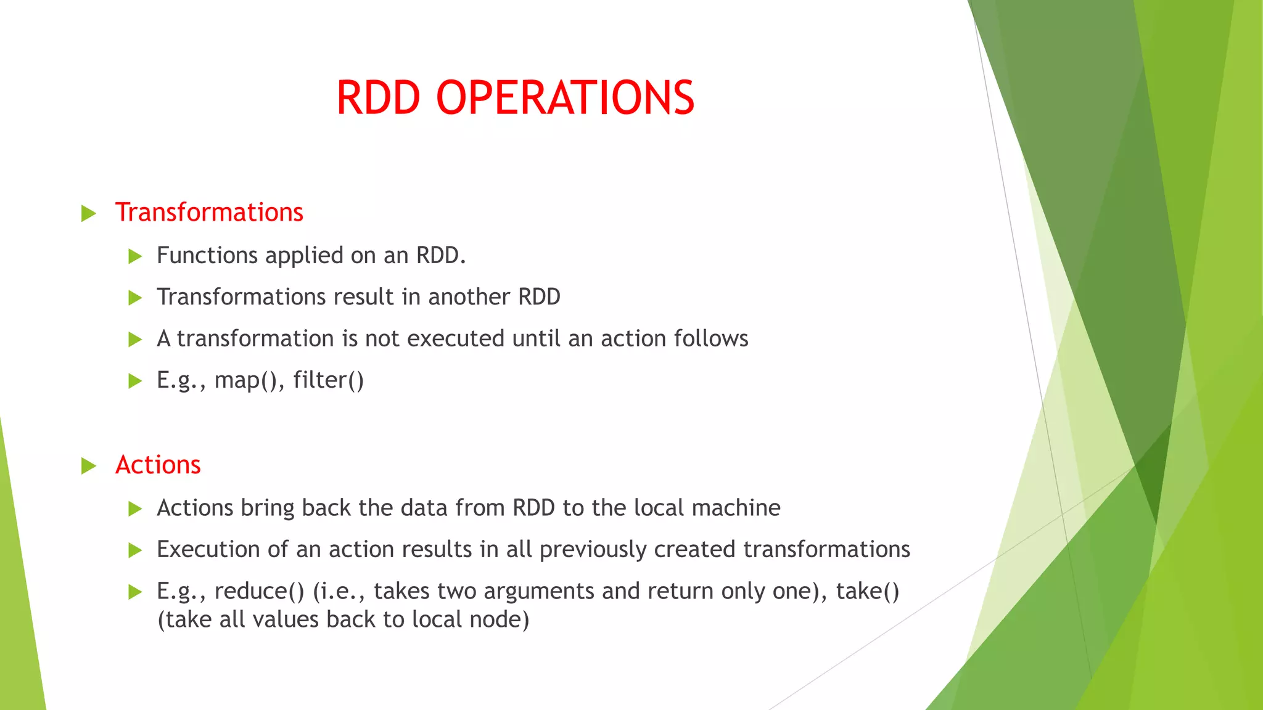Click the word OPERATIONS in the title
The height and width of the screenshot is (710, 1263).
565,98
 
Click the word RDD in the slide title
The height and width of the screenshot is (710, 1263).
378,98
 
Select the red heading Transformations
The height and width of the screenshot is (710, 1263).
209,212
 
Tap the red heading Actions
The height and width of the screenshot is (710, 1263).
158,465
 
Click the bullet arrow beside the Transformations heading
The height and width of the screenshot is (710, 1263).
89,214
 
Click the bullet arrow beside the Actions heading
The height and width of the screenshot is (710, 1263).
89,466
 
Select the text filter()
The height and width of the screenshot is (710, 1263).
328,380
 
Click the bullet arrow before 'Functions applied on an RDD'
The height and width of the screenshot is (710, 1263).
135,256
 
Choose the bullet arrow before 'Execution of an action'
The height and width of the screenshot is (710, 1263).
135,550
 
